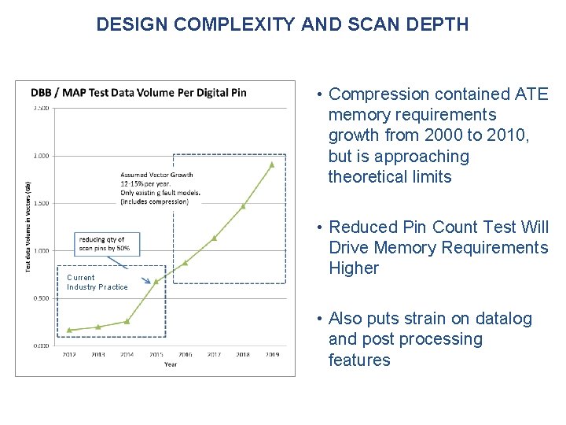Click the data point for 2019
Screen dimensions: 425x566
pyautogui.click(x=272, y=164)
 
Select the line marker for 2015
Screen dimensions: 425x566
pyautogui.click(x=156, y=281)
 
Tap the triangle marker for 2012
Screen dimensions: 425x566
pyautogui.click(x=69, y=330)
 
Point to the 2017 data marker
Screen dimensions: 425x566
pyautogui.click(x=214, y=237)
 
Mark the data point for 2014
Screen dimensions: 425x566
pyautogui.click(x=127, y=321)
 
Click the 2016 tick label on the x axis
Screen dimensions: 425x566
pyautogui.click(x=185, y=355)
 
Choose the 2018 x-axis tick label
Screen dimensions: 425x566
pyautogui.click(x=243, y=355)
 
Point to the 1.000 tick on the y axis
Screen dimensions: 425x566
pyautogui.click(x=41, y=251)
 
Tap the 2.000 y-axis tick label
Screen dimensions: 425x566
pyautogui.click(x=41, y=156)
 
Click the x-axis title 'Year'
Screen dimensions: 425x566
pyautogui.click(x=171, y=364)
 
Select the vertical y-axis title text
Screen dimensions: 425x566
pyautogui.click(x=28, y=227)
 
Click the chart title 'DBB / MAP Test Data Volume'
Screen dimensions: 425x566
pyautogui.click(x=138, y=92)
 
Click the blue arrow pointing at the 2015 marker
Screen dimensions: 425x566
pyautogui.click(x=144, y=275)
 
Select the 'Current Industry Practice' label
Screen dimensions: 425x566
pyautogui.click(x=97, y=283)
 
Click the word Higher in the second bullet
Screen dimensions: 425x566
pyautogui.click(x=354, y=268)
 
